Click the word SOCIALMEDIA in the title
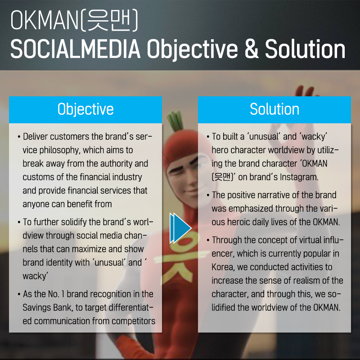(x=75, y=49)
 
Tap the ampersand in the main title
(x=252, y=49)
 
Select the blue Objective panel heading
(x=85, y=109)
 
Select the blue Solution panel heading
(x=274, y=109)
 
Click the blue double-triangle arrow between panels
(x=180, y=228)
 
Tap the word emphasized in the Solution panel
(x=251, y=209)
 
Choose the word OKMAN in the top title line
(x=45, y=20)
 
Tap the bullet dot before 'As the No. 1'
(x=19, y=294)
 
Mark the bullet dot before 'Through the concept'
(x=208, y=240)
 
